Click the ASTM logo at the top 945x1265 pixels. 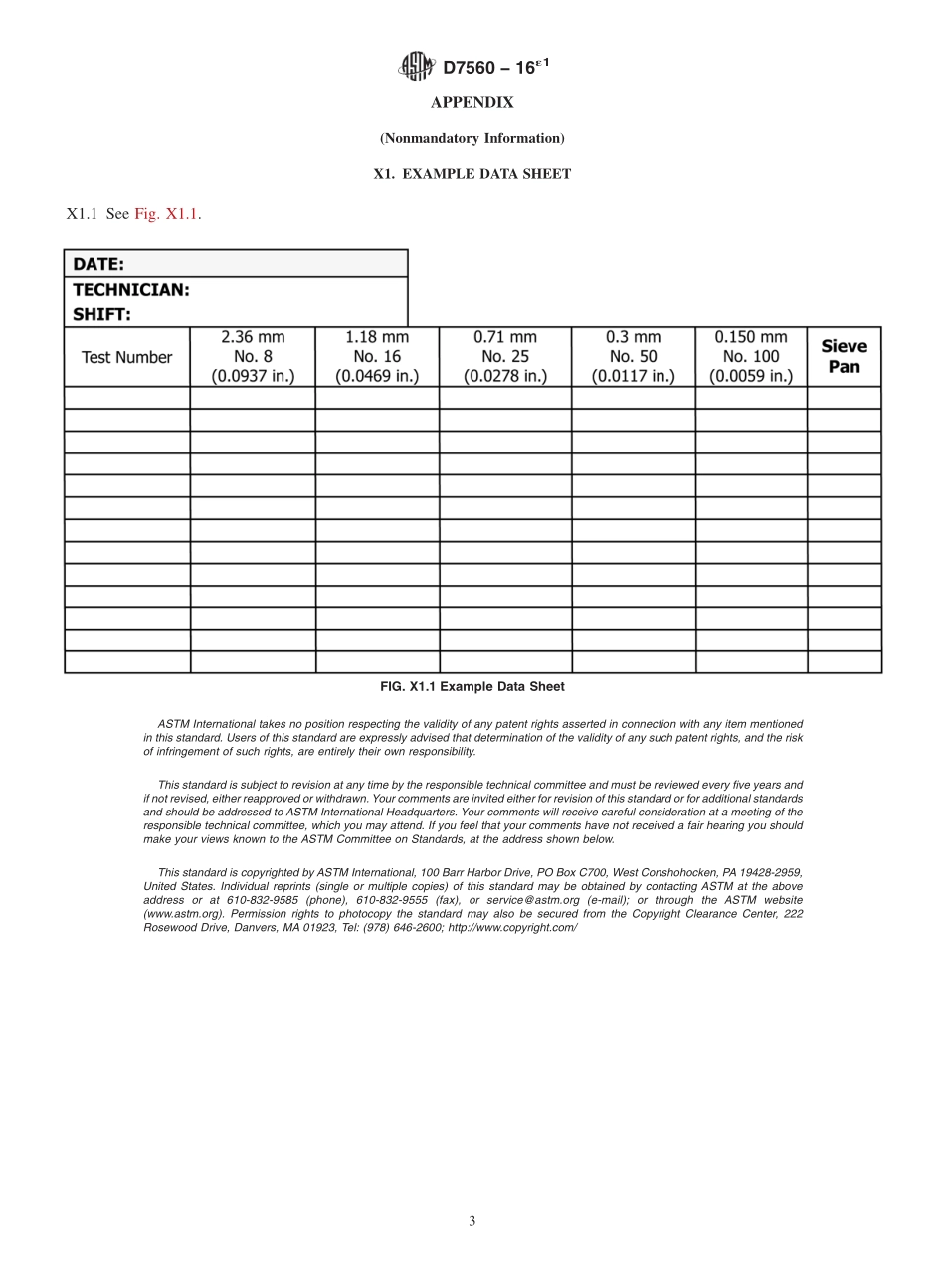[x=416, y=67]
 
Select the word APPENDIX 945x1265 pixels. [x=472, y=103]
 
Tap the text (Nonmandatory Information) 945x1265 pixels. [x=472, y=138]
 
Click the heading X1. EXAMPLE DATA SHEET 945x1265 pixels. [x=472, y=174]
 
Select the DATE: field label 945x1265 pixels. [x=98, y=264]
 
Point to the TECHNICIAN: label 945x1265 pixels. [x=131, y=290]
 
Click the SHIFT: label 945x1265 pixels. [x=102, y=314]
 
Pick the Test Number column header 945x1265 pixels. [x=126, y=357]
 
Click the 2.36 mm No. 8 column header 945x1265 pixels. [x=253, y=356]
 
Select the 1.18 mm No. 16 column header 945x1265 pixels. [x=377, y=356]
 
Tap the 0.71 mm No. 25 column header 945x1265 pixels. [x=505, y=356]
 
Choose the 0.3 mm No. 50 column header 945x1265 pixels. [x=633, y=356]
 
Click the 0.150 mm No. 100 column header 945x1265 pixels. [x=751, y=356]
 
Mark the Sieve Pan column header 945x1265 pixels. [x=844, y=356]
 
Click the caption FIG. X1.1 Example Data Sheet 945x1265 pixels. [x=472, y=687]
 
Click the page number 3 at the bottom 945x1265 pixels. [x=472, y=1221]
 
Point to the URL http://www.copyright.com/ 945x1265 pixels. [x=512, y=927]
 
